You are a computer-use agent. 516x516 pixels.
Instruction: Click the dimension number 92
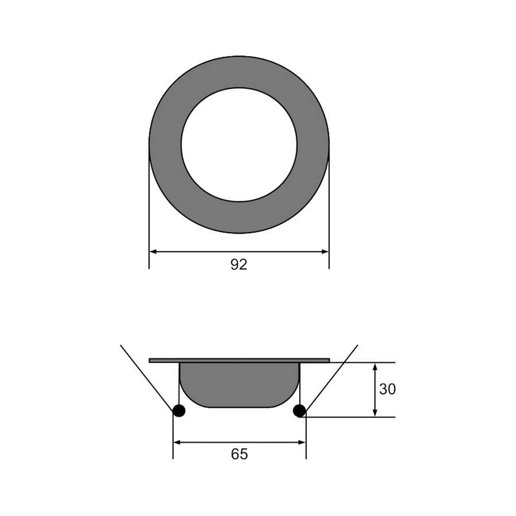239,265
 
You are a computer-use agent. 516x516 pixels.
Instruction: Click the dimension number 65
239,454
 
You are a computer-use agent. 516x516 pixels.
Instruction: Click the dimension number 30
388,389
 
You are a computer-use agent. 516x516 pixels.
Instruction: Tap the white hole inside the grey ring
239,144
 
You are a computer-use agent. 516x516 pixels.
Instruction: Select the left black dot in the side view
179,411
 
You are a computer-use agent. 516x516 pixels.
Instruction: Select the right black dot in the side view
299,411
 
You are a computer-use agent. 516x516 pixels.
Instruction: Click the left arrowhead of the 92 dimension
153,251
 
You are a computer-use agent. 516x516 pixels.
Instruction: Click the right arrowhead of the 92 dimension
325,251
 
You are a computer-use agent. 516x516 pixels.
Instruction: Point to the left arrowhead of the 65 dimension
177,442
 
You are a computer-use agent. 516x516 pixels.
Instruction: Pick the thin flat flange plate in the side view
239,360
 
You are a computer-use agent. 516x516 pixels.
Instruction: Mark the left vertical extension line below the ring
149,218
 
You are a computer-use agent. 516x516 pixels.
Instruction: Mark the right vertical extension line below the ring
329,218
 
